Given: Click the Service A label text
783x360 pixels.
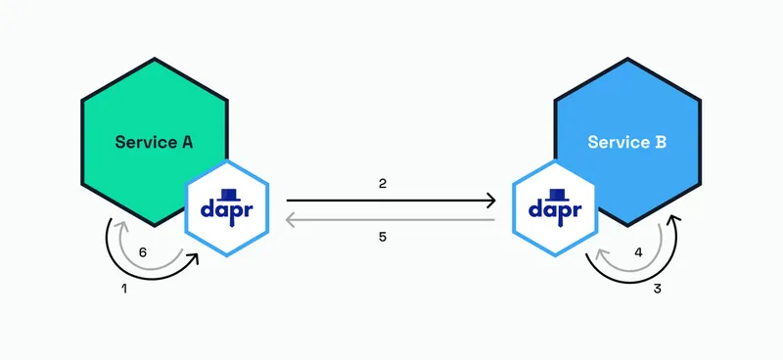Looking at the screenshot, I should pyautogui.click(x=154, y=142).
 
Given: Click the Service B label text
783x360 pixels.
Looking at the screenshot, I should pyautogui.click(x=627, y=142).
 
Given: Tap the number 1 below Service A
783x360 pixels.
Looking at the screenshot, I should pyautogui.click(x=123, y=290).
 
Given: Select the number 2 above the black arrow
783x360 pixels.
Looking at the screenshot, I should pyautogui.click(x=384, y=184).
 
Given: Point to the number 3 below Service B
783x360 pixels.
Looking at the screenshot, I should pyautogui.click(x=659, y=290).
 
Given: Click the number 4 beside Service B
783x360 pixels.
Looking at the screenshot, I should pyautogui.click(x=638, y=251).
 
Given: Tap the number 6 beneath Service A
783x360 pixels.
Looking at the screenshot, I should pyautogui.click(x=143, y=251).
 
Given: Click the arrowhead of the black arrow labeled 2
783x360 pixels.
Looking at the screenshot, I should pyautogui.click(x=489, y=201).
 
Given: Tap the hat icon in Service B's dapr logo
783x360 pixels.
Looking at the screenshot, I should pyautogui.click(x=555, y=193).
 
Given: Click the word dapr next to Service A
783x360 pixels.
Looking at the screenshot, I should pyautogui.click(x=226, y=209).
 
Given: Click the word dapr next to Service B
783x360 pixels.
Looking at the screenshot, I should pyautogui.click(x=555, y=209).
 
